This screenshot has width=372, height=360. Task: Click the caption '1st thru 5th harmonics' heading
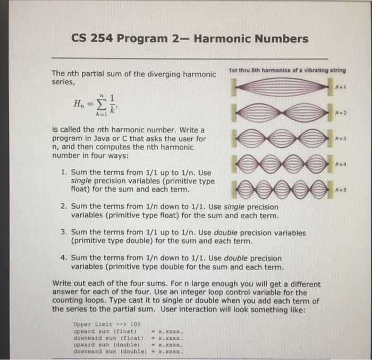(286, 71)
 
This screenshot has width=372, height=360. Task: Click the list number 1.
(63, 173)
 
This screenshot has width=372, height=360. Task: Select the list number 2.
(63, 207)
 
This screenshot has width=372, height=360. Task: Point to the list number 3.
(63, 233)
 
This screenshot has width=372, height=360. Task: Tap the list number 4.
(63, 258)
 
